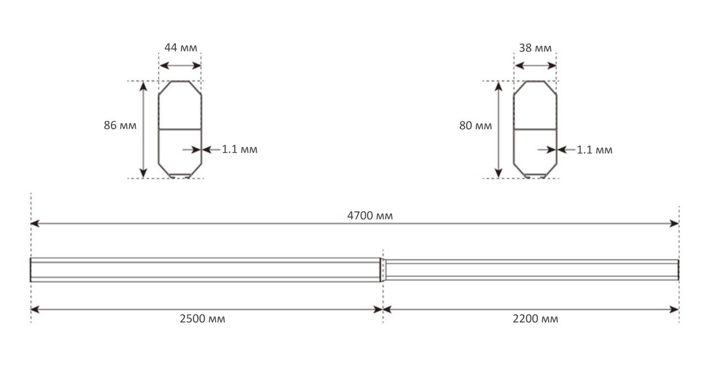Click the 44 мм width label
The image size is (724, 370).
tap(181, 47)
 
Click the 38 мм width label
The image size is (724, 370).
tap(535, 48)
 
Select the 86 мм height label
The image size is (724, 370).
tap(120, 125)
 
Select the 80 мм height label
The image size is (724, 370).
tap(475, 126)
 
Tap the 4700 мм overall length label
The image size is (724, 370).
tap(370, 215)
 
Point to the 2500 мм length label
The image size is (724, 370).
tap(202, 319)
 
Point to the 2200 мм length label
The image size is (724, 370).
tap(535, 319)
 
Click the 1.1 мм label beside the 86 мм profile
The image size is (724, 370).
tap(239, 150)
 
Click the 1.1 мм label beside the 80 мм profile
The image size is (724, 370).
tap(594, 150)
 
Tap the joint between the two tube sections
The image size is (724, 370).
tap(382, 269)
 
